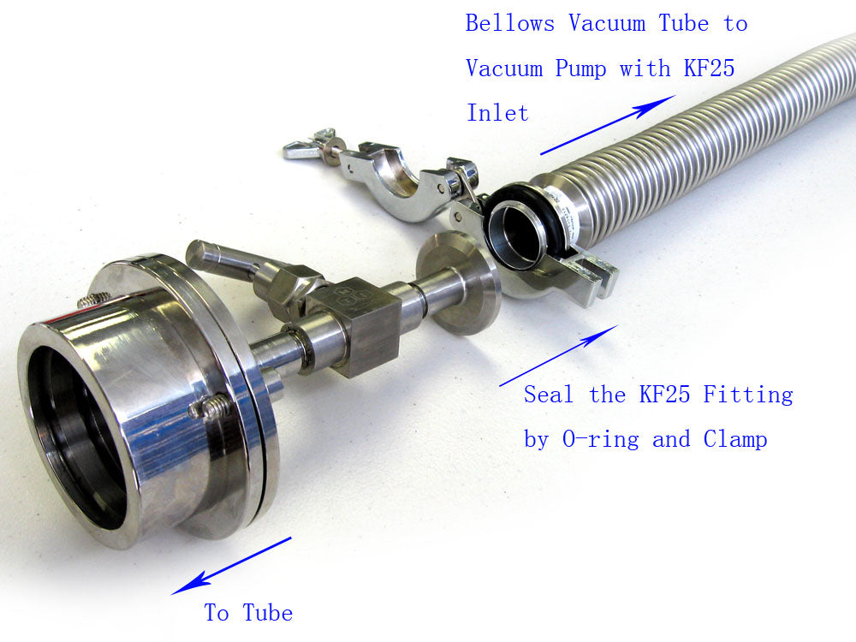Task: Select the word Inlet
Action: [x=497, y=113]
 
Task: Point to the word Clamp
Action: [x=735, y=440]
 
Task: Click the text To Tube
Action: [x=248, y=613]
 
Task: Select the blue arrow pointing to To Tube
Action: [x=231, y=566]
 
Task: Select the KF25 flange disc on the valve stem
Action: [x=458, y=282]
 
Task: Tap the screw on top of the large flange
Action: [x=93, y=300]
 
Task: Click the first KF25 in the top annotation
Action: [x=709, y=68]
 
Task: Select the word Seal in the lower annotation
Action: [x=550, y=395]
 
